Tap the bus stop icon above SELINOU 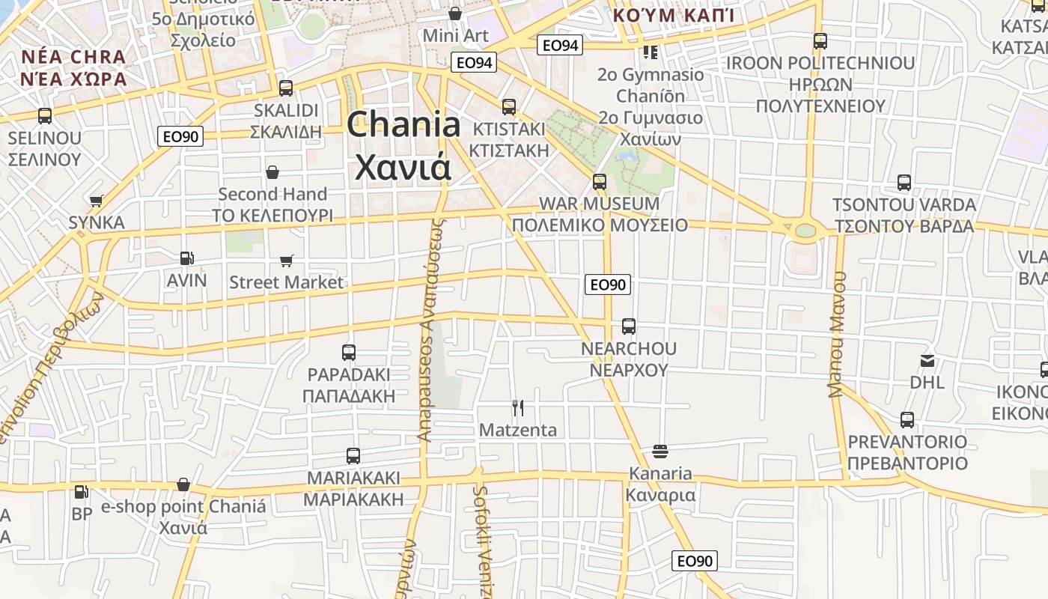tap(45, 116)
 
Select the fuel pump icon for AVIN tap(186, 258)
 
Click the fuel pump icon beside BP tap(81, 492)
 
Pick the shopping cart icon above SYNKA tap(96, 201)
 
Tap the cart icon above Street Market tap(286, 261)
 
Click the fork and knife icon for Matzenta tap(517, 407)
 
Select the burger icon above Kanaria tap(659, 451)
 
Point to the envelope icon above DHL tap(927, 361)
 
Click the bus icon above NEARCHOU tap(629, 326)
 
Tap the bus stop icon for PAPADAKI tap(349, 353)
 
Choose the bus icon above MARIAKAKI tap(353, 455)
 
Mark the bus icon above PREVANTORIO tap(907, 419)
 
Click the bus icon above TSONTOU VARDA tap(904, 183)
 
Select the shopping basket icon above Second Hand tap(272, 172)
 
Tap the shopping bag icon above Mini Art tap(454, 13)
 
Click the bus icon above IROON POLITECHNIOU tap(820, 41)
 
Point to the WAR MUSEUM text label tap(599, 204)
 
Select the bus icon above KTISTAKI tap(509, 107)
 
